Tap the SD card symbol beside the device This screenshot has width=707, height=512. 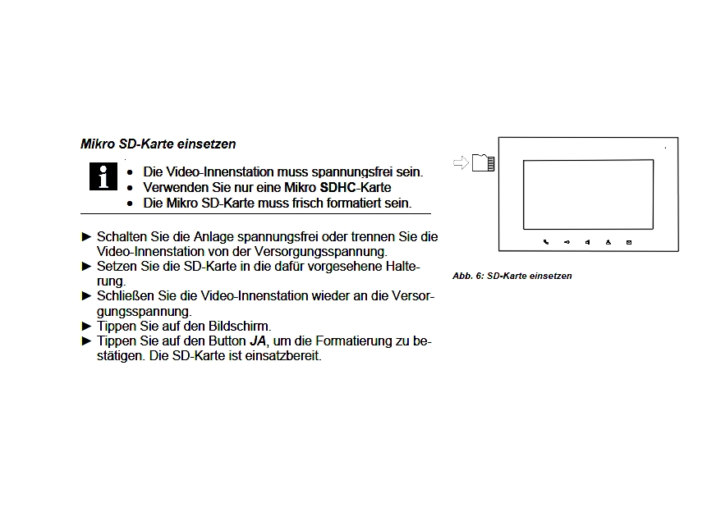point(484,162)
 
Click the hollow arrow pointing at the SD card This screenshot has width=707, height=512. point(461,162)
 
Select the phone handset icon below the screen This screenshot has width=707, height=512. point(546,242)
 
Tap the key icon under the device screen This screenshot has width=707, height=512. point(567,242)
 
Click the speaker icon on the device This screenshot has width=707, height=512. point(588,242)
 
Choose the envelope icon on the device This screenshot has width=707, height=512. point(629,242)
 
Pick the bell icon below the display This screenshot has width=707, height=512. point(608,242)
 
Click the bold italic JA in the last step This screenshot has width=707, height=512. point(258,341)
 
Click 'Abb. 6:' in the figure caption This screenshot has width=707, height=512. point(468,276)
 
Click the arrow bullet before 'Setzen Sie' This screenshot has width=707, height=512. point(87,266)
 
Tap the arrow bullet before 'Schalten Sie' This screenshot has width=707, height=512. point(87,236)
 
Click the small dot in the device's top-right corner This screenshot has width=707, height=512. point(666,148)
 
